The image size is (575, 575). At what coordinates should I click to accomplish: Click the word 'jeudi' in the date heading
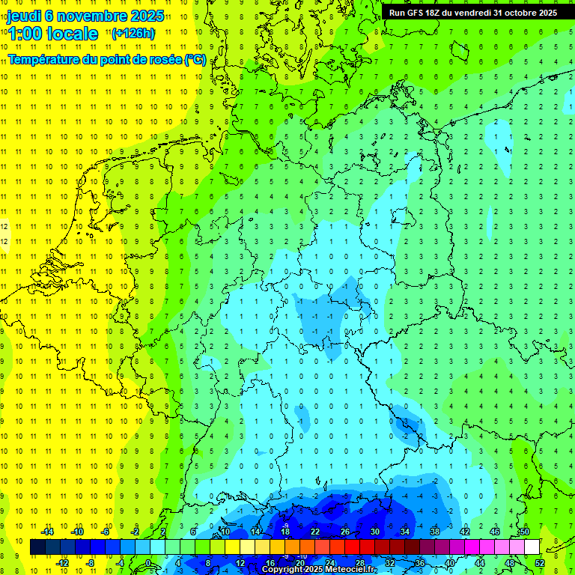click(24, 16)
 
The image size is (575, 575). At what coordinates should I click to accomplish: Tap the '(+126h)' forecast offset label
click(133, 33)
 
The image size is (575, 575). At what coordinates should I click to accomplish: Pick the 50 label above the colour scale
click(524, 532)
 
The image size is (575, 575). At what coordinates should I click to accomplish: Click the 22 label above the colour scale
click(315, 532)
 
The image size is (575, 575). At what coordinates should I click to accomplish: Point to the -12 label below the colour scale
click(63, 562)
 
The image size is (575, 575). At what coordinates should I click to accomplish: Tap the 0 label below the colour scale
click(148, 562)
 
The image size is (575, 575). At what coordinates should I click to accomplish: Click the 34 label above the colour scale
click(405, 532)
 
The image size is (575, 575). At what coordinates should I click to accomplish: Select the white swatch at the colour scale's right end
click(532, 547)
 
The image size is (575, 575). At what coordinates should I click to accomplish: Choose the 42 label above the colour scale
click(465, 532)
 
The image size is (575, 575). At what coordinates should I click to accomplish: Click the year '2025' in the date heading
click(147, 16)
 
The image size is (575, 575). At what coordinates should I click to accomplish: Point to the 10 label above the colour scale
click(225, 532)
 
